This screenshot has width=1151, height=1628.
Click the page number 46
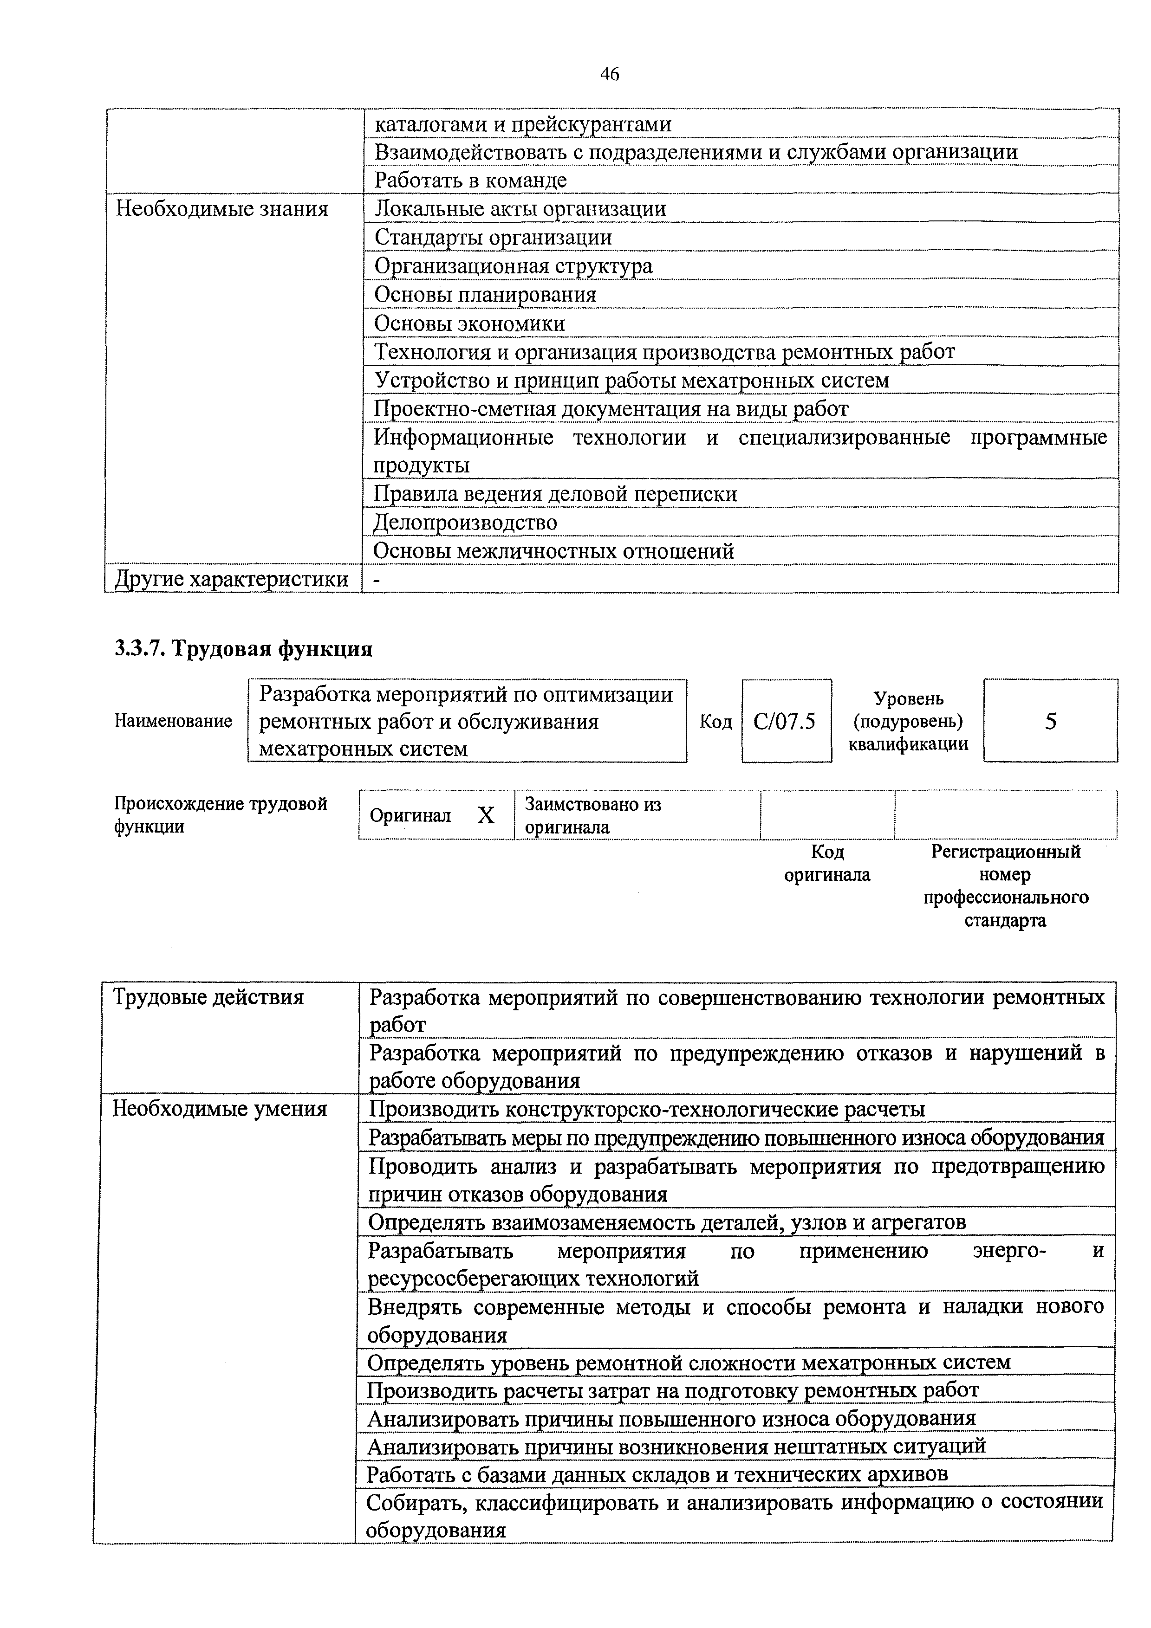609,74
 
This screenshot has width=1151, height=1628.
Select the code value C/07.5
785,722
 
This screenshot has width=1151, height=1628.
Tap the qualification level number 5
1050,722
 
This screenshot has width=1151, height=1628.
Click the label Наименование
174,721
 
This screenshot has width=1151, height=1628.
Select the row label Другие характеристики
232,579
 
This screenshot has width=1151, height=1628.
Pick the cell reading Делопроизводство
465,523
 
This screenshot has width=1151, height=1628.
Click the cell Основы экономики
469,323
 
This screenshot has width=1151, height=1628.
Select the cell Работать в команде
471,180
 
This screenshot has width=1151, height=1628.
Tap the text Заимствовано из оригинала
593,815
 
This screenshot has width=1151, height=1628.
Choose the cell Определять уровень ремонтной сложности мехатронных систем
689,1362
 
